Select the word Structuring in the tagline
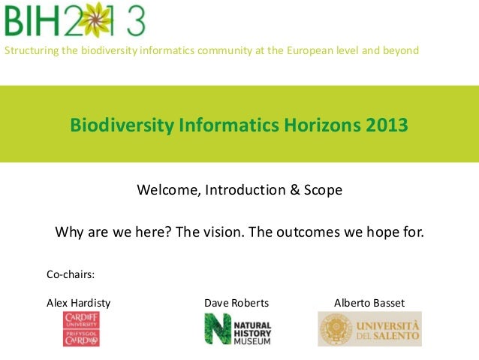point(31,50)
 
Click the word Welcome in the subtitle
point(165,190)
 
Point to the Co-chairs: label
point(71,275)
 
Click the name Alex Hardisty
point(78,303)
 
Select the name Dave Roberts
point(236,303)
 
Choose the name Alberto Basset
point(369,303)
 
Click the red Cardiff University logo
point(81,329)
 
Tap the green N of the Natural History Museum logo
point(217,329)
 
